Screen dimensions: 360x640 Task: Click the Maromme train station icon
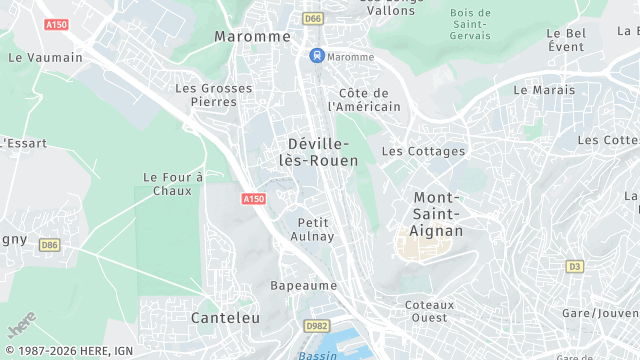[317, 57]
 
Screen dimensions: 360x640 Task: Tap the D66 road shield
[313, 18]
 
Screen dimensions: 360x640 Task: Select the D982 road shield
[317, 326]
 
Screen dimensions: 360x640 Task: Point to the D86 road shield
[49, 244]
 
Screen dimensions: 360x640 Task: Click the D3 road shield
[574, 266]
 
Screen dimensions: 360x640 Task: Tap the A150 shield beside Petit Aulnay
[254, 199]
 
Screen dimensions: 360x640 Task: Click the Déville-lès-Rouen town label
[322, 152]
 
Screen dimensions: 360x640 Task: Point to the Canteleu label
[225, 317]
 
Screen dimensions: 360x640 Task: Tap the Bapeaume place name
[304, 285]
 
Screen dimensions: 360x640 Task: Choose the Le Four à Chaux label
[173, 184]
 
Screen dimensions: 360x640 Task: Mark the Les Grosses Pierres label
[214, 94]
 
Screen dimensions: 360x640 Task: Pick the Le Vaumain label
[45, 57]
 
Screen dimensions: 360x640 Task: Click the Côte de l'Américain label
[364, 100]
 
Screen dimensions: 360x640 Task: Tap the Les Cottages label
[423, 151]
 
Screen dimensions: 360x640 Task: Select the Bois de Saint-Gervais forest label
[471, 24]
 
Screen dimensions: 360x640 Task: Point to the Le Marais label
[544, 89]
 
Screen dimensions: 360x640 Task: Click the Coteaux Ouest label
[430, 311]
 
